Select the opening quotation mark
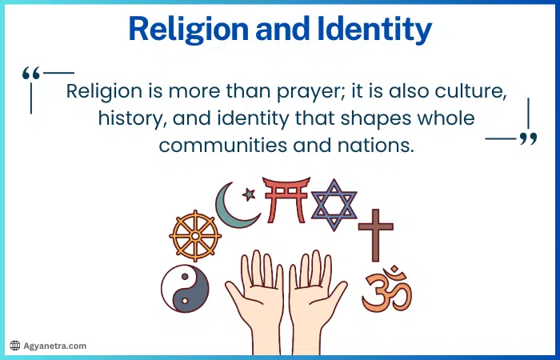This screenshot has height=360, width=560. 31,74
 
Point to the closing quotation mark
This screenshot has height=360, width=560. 528,140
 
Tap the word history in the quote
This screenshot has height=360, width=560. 127,118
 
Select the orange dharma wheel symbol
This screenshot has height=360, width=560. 195,237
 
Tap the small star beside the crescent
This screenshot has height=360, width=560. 249,194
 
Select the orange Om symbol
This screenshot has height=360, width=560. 386,290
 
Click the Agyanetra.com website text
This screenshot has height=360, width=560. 54,346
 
